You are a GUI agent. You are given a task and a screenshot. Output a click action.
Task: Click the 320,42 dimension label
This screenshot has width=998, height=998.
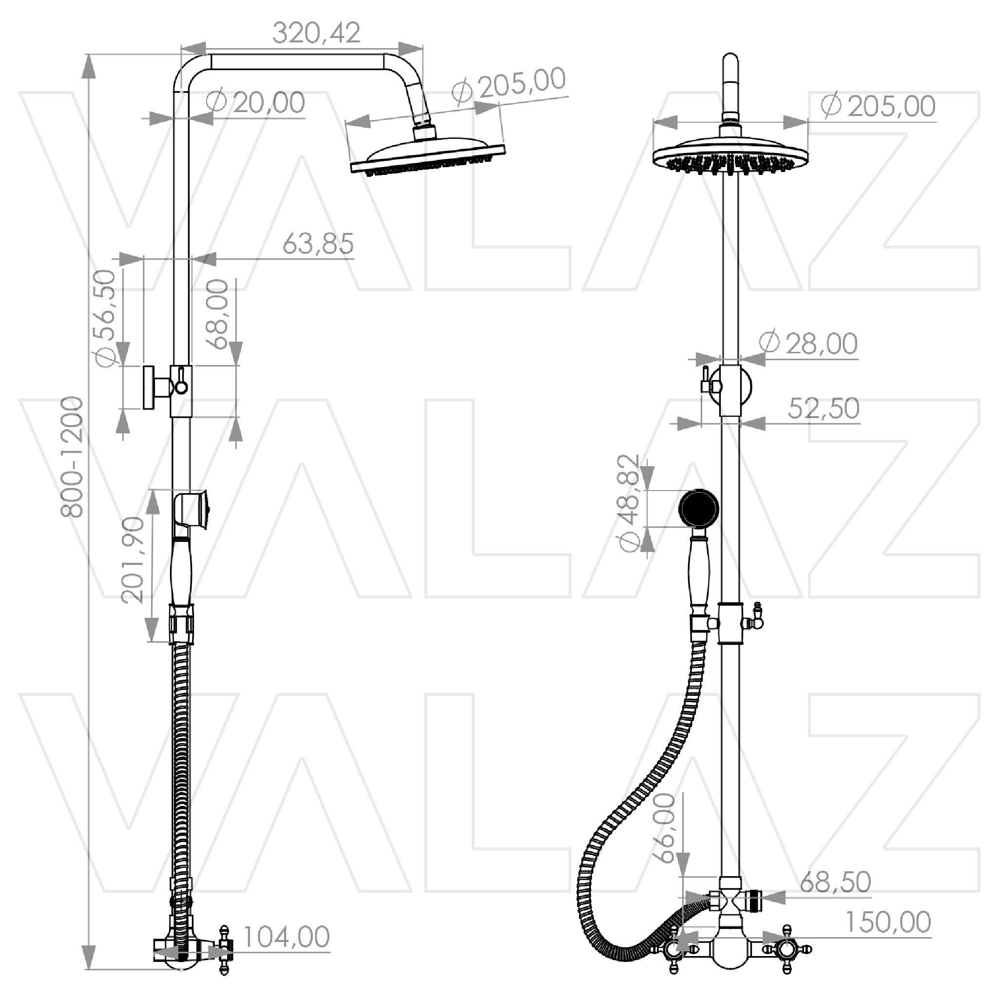point(316,33)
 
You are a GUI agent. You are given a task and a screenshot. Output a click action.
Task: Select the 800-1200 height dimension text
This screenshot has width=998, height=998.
point(71,457)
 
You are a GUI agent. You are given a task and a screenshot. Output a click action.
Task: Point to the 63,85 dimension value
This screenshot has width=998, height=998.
point(318,244)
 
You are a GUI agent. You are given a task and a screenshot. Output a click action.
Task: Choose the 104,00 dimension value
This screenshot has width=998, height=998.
point(286,937)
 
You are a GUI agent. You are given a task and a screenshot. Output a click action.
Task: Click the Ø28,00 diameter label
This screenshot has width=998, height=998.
point(808,343)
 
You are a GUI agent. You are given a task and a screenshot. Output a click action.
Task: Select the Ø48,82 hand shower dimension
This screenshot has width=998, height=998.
point(629,504)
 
